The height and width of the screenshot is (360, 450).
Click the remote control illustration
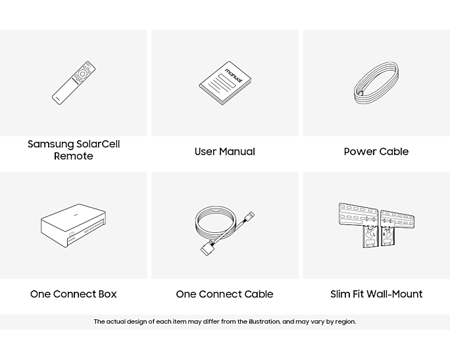coord(74,83)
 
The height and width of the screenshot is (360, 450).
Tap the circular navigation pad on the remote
coord(82,74)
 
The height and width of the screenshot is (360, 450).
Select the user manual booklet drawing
coord(225,83)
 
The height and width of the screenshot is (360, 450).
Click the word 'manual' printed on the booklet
coord(234,75)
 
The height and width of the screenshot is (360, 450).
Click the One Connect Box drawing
coord(74,225)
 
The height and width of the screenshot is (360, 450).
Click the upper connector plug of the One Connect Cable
coord(249,217)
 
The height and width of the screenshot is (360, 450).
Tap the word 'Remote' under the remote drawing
coord(74,156)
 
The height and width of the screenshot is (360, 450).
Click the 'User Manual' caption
coord(225,151)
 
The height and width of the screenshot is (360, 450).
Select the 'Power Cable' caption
coord(376,151)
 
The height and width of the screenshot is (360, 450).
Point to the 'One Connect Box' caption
coord(74,294)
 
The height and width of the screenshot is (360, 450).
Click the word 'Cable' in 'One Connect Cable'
coord(259,294)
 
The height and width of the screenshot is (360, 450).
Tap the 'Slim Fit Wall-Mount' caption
coord(376,294)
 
